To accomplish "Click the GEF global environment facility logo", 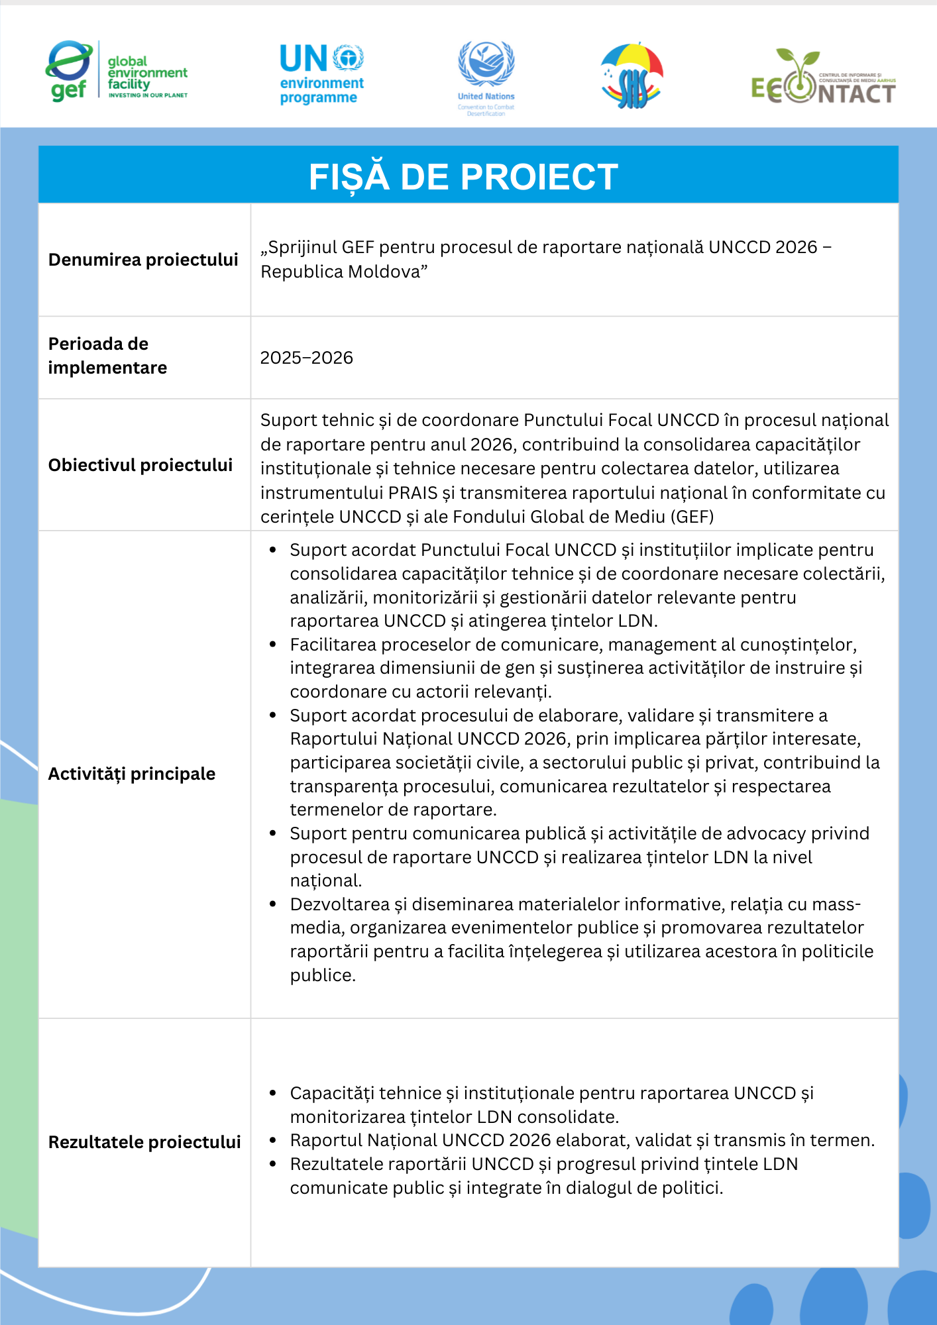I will click(x=117, y=71).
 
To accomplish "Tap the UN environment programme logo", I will click(x=321, y=74).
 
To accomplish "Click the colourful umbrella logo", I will click(x=632, y=76).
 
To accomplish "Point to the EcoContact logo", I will click(x=823, y=78).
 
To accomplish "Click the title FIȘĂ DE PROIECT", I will click(x=464, y=177).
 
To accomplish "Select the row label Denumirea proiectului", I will click(x=143, y=260).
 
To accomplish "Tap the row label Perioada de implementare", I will click(x=107, y=356).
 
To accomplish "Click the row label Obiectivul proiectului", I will click(x=140, y=465).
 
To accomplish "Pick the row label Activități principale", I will click(x=132, y=774).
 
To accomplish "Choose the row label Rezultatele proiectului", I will click(x=144, y=1142).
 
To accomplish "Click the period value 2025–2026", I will click(x=306, y=358).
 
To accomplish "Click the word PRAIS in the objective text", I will click(x=413, y=493).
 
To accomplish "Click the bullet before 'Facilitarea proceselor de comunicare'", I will click(x=272, y=645).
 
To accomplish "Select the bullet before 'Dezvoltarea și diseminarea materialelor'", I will click(x=272, y=904).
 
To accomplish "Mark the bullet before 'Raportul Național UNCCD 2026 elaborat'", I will click(x=272, y=1140).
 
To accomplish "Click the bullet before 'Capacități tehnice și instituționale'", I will click(x=272, y=1093).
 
